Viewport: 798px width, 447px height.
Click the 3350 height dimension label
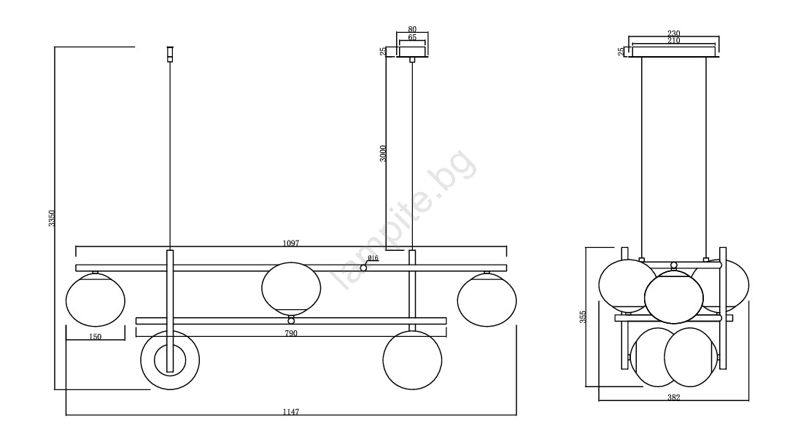click(x=51, y=218)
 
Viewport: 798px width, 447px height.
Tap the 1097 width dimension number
click(x=290, y=243)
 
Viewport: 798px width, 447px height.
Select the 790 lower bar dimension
click(x=290, y=333)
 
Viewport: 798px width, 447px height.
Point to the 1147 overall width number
click(x=290, y=412)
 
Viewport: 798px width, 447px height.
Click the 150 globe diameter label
click(x=95, y=337)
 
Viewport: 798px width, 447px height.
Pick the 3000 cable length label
click(x=383, y=154)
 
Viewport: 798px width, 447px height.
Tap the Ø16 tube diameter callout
click(x=373, y=258)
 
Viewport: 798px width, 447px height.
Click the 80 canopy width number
click(x=412, y=29)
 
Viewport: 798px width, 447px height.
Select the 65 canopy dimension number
click(x=412, y=38)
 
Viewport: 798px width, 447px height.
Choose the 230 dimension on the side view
click(x=673, y=34)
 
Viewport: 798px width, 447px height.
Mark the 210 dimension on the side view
click(x=673, y=40)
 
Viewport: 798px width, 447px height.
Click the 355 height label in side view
click(x=583, y=316)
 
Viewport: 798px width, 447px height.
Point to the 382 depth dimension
click(x=673, y=397)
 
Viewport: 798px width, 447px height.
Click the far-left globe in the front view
click(x=95, y=300)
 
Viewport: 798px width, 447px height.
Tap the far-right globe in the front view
click(x=487, y=300)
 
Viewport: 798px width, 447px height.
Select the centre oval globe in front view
click(x=291, y=288)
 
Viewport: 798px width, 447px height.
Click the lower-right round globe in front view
click(x=412, y=360)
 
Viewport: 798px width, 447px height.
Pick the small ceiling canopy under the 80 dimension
click(x=412, y=52)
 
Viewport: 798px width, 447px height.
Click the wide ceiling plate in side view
click(x=673, y=52)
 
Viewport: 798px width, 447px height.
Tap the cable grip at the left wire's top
click(x=170, y=54)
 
